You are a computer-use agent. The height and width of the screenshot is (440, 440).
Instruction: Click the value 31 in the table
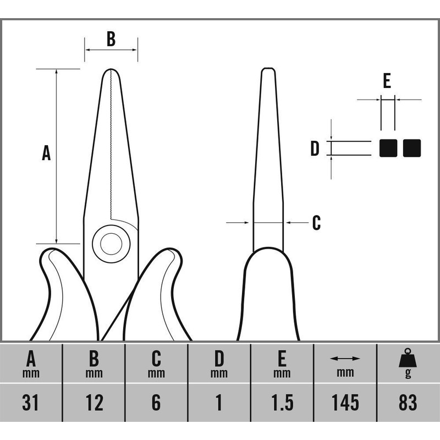[30, 403]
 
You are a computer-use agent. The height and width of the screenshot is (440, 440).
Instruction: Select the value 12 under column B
[94, 403]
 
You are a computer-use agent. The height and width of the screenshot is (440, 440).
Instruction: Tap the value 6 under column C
[156, 403]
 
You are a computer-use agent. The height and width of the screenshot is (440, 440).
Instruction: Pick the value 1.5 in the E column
[282, 403]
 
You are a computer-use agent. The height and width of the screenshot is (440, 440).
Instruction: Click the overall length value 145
[345, 403]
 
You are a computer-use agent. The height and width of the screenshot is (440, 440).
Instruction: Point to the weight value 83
[408, 403]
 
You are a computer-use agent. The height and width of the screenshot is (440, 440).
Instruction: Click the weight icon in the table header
[408, 359]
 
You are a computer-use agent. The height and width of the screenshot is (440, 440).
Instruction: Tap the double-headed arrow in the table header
[345, 359]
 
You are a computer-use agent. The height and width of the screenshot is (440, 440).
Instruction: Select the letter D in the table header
[219, 359]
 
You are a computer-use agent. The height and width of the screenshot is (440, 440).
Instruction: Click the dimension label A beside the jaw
[46, 153]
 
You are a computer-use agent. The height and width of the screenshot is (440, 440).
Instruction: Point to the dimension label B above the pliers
[111, 38]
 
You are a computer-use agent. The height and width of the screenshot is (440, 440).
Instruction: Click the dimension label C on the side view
[317, 223]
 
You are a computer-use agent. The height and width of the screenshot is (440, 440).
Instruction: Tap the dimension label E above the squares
[387, 80]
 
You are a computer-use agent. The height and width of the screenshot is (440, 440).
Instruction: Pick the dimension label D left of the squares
[315, 148]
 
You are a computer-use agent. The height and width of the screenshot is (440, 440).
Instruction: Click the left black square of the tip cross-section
[388, 148]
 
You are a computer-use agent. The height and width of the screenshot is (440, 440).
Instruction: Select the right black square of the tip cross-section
[412, 148]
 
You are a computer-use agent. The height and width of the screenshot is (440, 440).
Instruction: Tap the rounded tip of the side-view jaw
[268, 68]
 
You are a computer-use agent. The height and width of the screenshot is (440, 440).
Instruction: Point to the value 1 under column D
[219, 403]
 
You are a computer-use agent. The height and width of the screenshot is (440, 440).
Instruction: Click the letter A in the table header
[31, 359]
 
